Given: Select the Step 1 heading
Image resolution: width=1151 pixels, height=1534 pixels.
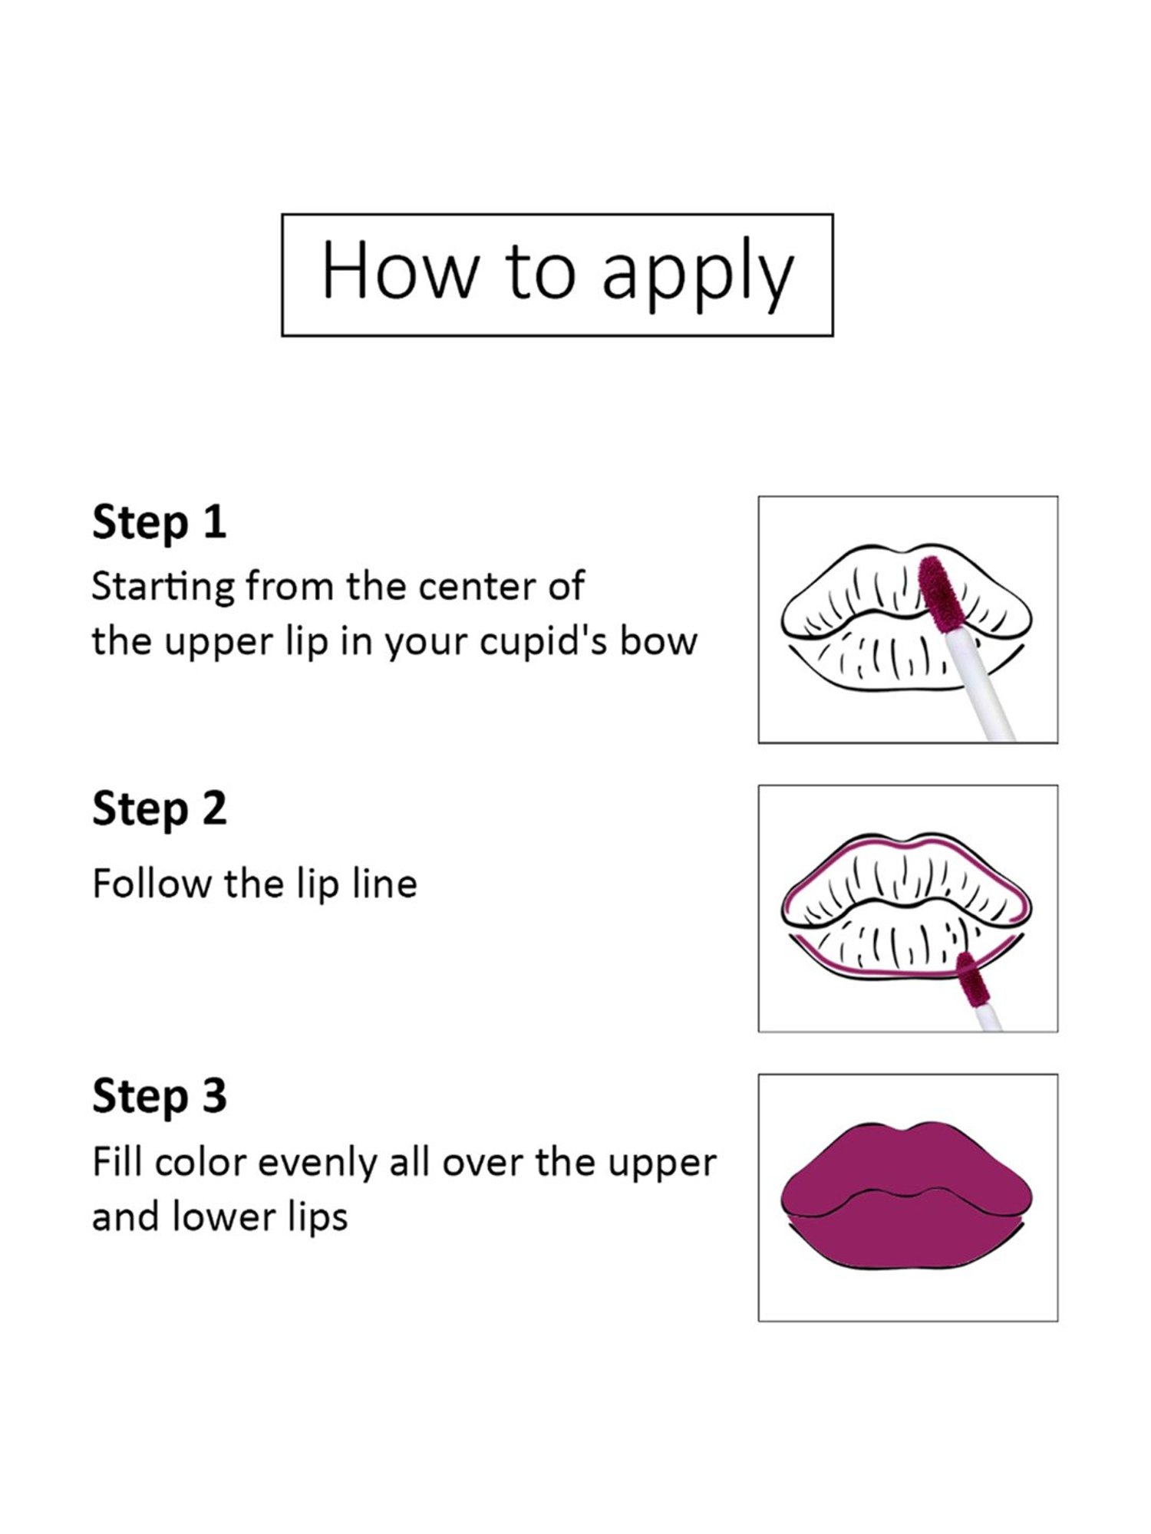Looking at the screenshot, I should click(x=159, y=522).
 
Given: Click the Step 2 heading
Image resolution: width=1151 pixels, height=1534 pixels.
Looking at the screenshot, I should click(x=159, y=809).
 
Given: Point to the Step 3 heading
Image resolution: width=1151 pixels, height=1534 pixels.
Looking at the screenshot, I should click(x=159, y=1096).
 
